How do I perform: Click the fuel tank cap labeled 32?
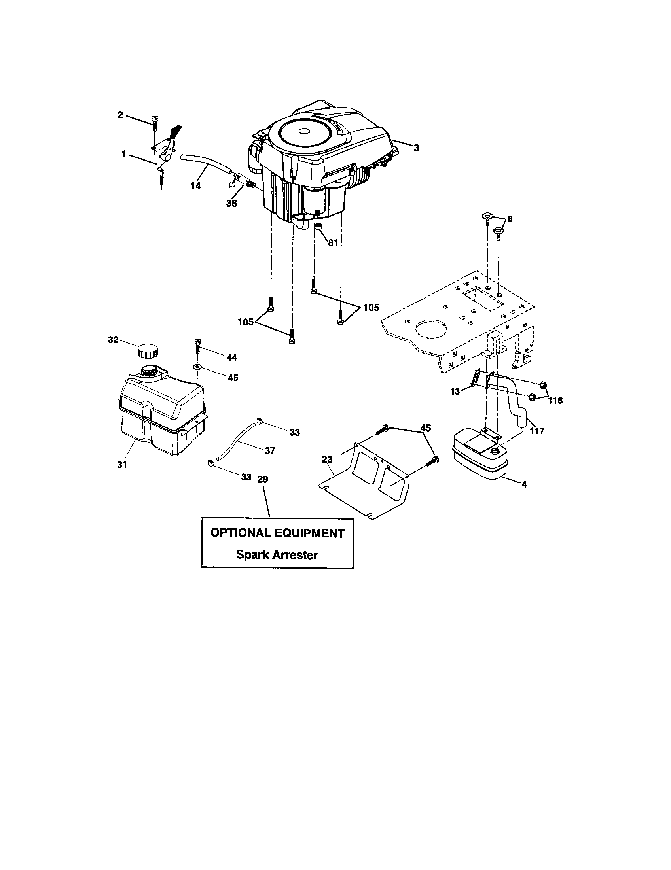click(x=148, y=351)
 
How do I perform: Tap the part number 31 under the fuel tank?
click(x=122, y=465)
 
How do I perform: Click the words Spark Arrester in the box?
click(x=277, y=554)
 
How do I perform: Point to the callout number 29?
click(x=263, y=479)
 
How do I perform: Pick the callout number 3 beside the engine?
click(x=416, y=148)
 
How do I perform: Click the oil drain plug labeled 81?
click(x=318, y=227)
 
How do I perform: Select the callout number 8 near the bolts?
click(x=510, y=219)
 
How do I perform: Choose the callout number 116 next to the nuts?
click(x=555, y=400)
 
